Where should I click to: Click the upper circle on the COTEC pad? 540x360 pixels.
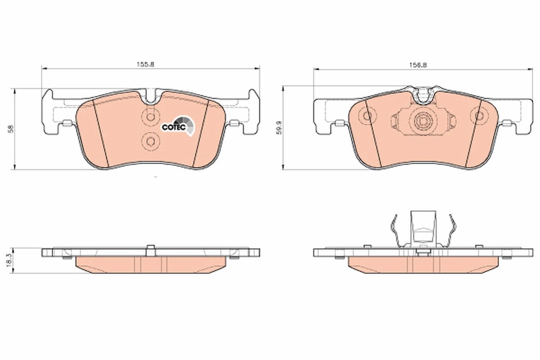click(x=150, y=117)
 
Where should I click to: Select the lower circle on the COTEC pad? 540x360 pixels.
click(x=150, y=142)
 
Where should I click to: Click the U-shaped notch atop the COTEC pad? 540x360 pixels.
click(x=151, y=97)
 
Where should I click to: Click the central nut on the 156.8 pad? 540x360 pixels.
click(x=423, y=120)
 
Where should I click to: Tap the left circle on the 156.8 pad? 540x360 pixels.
click(x=368, y=116)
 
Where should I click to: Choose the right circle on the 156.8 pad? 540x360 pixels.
click(x=477, y=116)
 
